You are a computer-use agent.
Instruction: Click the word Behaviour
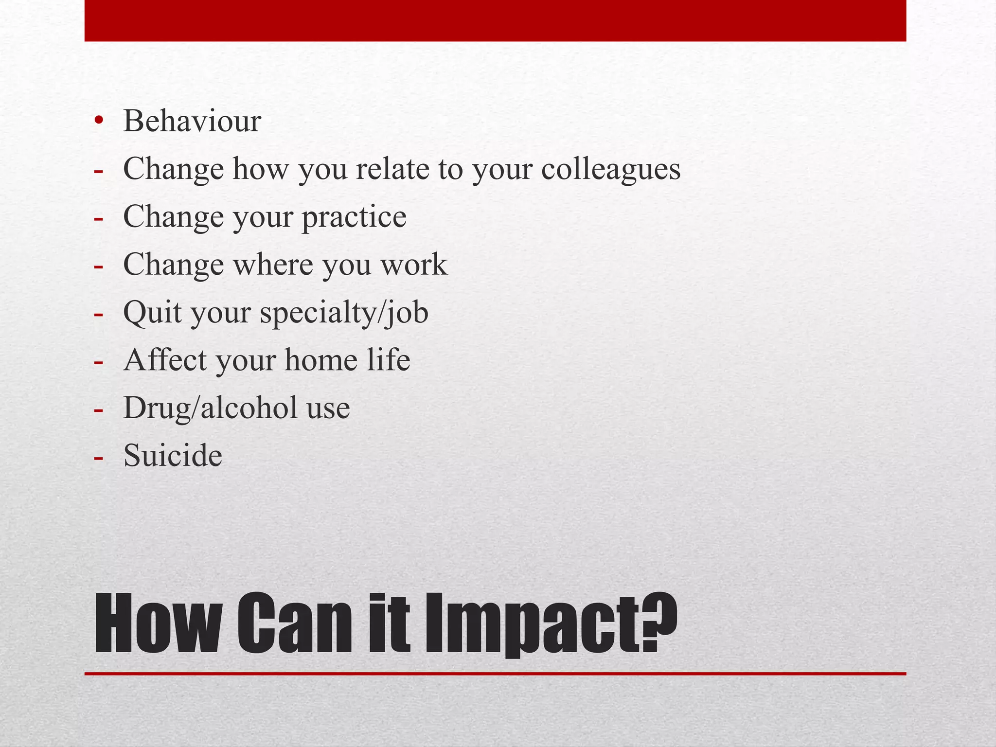pyautogui.click(x=192, y=121)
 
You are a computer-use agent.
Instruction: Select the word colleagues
pyautogui.click(x=611, y=170)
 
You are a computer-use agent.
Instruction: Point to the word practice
pyautogui.click(x=354, y=217)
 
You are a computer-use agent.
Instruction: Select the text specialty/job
pyautogui.click(x=344, y=313)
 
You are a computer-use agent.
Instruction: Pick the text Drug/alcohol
pyautogui.click(x=210, y=408)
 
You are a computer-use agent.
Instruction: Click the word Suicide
pyautogui.click(x=173, y=456)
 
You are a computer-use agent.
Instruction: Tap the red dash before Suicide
pyautogui.click(x=99, y=457)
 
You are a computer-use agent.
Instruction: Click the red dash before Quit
pyautogui.click(x=99, y=314)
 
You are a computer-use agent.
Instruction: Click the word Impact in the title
pyautogui.click(x=533, y=624)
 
